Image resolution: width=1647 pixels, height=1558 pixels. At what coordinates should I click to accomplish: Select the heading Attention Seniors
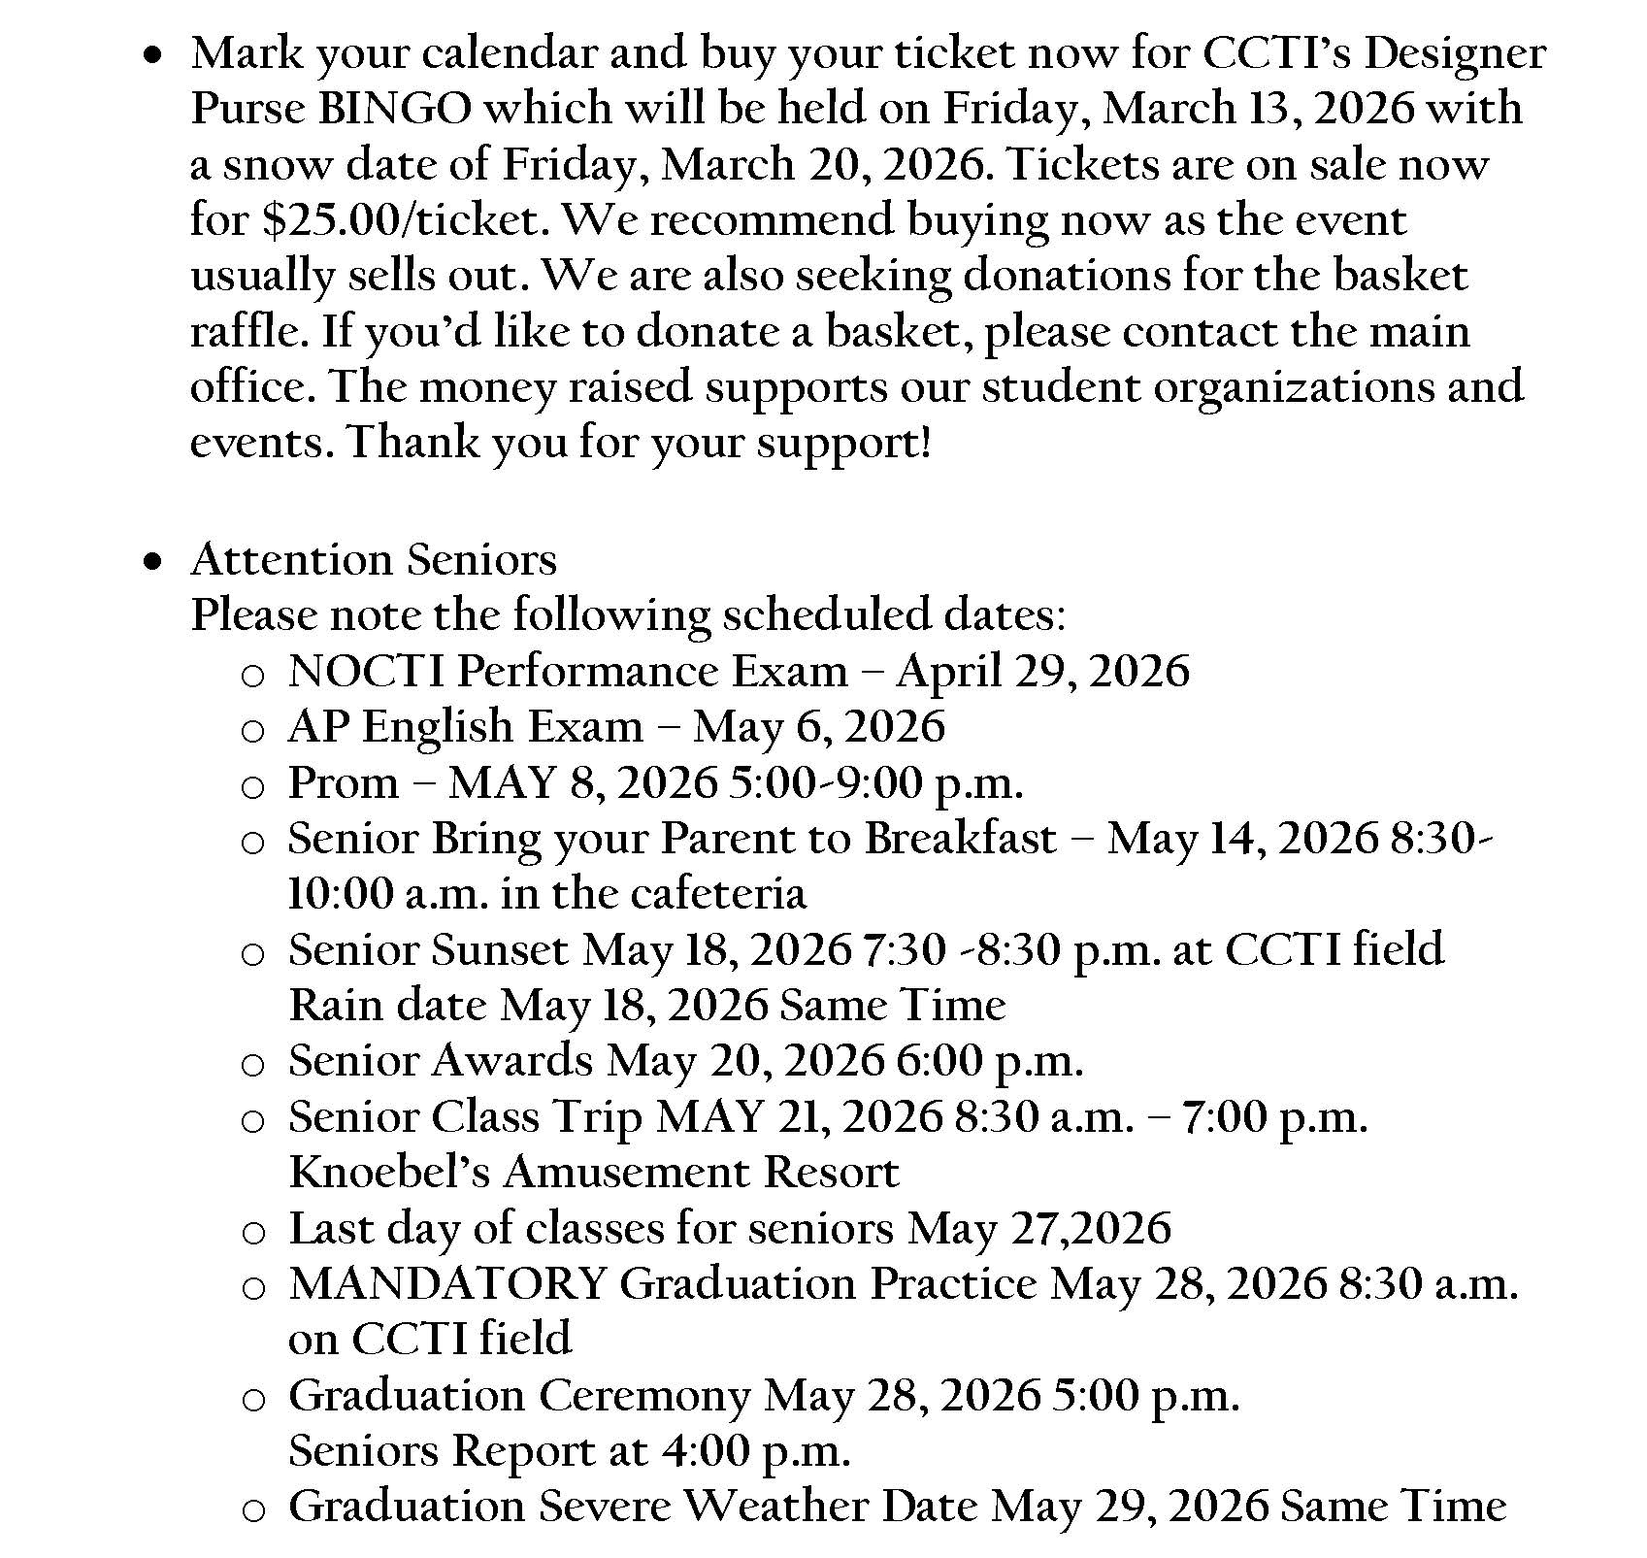[x=374, y=560]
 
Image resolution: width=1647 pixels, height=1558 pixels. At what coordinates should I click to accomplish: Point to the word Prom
[x=343, y=783]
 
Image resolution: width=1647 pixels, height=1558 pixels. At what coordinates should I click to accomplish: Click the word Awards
[x=511, y=1061]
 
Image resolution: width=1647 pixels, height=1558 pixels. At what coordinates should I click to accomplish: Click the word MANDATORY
[x=446, y=1284]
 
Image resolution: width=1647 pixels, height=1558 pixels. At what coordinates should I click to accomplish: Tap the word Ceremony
[x=644, y=1396]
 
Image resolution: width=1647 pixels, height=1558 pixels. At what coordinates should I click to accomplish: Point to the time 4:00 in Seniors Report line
[x=703, y=1451]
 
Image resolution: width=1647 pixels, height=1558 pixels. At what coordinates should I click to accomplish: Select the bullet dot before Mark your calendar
[x=151, y=58]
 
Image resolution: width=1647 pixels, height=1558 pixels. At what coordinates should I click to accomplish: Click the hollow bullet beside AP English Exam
[x=252, y=731]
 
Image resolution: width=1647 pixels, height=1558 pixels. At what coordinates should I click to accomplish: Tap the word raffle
[x=247, y=332]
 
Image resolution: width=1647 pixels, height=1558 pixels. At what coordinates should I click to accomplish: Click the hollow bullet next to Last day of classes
[x=252, y=1233]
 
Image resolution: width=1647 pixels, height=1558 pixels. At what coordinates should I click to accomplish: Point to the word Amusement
[x=625, y=1173]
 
